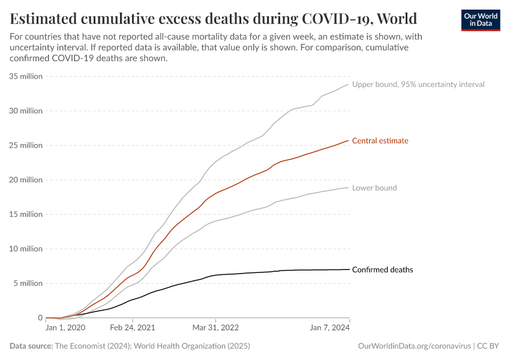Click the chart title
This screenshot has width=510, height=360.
214,17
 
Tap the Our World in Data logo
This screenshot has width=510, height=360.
480,20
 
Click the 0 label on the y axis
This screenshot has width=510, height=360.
40,318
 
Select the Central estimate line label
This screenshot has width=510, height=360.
380,141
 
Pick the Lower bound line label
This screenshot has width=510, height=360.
374,188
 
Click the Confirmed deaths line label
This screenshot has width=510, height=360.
382,270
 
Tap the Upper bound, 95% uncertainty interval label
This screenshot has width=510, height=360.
418,85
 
